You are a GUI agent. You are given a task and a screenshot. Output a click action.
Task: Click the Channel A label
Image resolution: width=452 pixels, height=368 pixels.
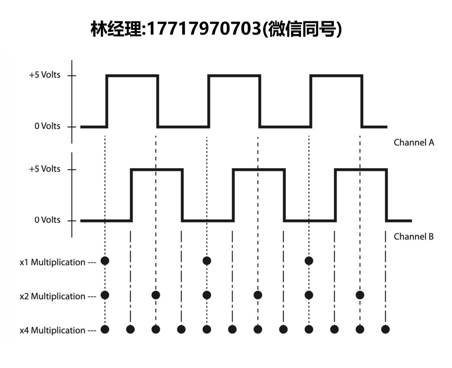[414, 142]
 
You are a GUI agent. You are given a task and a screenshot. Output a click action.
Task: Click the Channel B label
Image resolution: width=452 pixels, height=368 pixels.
[414, 237]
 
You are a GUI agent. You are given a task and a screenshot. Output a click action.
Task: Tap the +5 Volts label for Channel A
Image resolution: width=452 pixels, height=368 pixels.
[44, 75]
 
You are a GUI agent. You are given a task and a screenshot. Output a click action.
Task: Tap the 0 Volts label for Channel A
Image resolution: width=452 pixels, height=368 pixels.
[47, 126]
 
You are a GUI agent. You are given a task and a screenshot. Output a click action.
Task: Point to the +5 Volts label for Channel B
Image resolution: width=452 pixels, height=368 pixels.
[44, 169]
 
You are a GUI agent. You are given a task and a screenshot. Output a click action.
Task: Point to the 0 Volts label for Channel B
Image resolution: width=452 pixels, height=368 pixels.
[47, 220]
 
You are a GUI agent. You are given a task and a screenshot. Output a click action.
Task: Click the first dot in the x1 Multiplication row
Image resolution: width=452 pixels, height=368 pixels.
[105, 261]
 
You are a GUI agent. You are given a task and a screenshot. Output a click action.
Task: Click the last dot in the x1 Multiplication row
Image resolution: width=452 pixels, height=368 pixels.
[309, 261]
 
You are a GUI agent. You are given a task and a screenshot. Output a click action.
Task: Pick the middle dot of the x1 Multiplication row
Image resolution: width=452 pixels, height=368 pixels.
[207, 261]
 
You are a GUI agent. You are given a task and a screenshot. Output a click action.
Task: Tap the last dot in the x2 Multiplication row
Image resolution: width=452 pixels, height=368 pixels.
[360, 295]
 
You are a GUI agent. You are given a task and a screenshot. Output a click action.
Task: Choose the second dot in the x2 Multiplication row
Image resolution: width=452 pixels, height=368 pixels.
[156, 295]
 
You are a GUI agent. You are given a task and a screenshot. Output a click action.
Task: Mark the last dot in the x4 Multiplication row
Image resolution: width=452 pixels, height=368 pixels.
[385, 329]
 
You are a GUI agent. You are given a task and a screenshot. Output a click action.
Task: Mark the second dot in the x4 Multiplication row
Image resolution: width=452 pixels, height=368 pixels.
[130, 329]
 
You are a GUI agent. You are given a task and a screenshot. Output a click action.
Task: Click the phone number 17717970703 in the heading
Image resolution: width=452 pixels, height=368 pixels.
[204, 29]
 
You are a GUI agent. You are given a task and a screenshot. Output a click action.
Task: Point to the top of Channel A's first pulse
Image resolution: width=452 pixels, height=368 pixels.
[133, 76]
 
